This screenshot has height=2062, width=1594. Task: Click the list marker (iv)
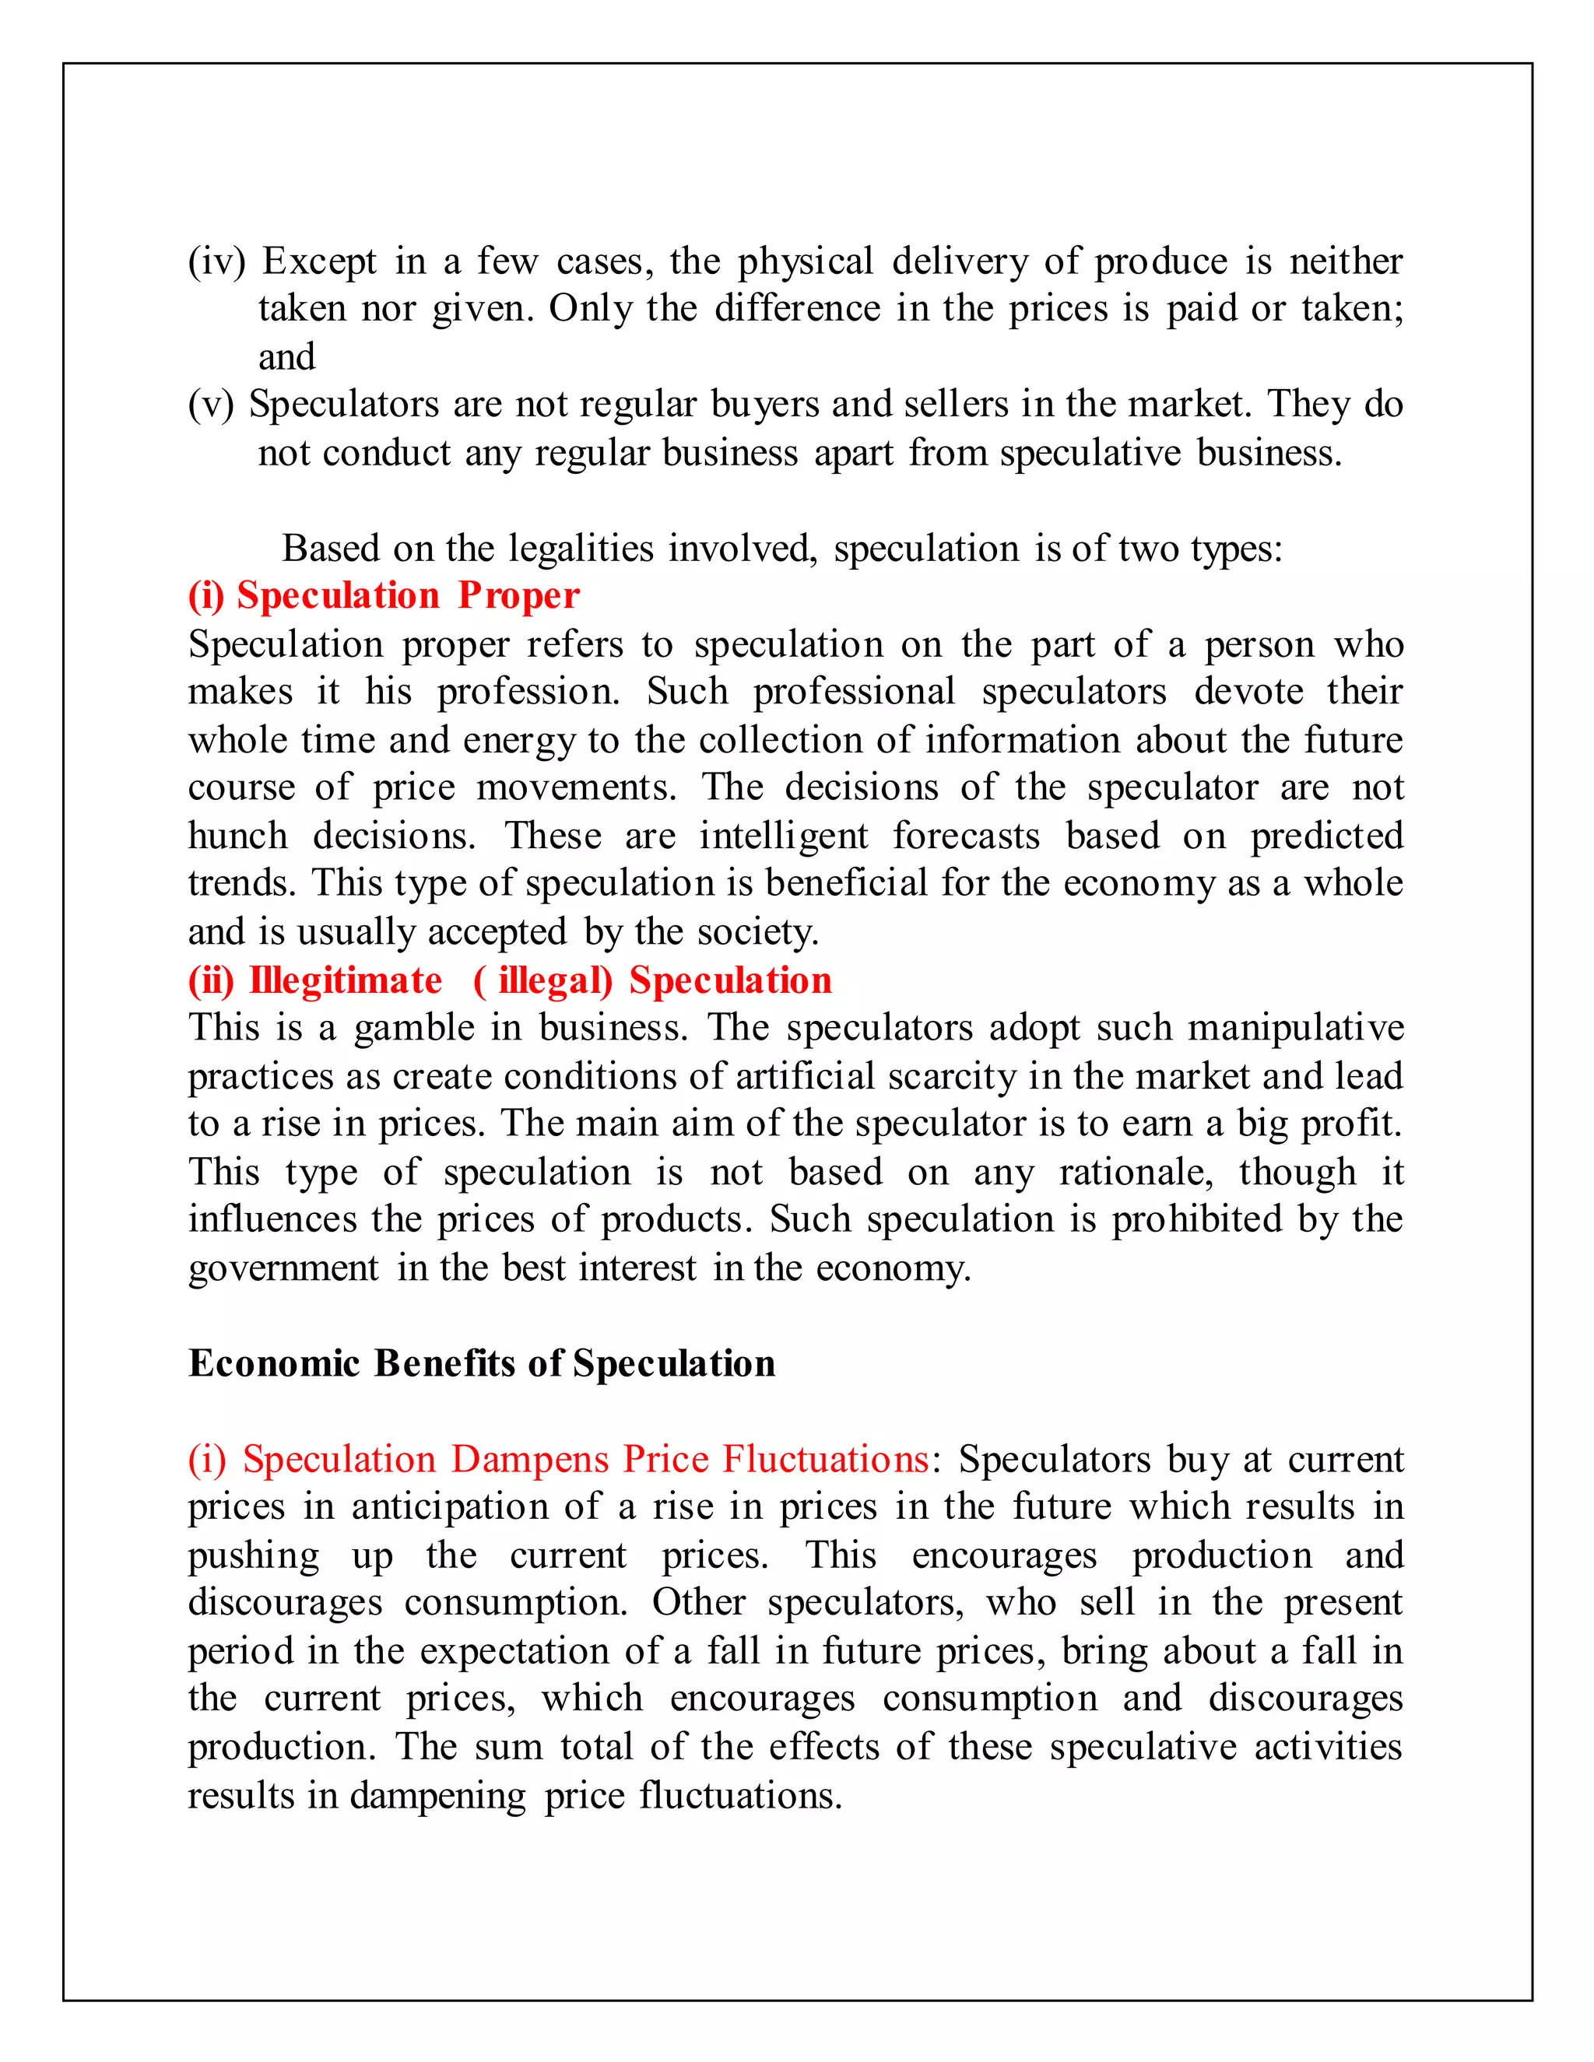[216, 261]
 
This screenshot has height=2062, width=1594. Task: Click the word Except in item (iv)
[318, 261]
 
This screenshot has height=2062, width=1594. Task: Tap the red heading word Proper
[518, 596]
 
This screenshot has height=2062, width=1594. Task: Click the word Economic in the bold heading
[274, 1363]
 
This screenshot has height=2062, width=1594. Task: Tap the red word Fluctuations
[825, 1460]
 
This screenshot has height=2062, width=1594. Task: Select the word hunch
[237, 836]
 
